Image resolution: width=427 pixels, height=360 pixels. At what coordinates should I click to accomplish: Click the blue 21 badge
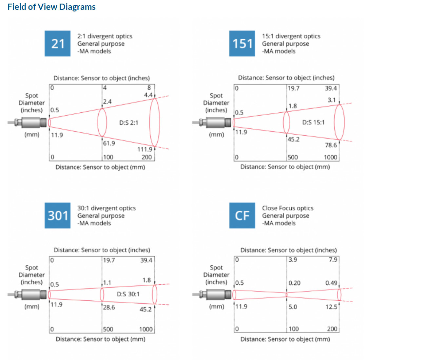[x=57, y=43]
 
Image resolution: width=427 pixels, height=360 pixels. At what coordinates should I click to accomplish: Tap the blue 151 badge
[x=242, y=43]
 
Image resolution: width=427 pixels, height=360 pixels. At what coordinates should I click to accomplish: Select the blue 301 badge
[x=57, y=215]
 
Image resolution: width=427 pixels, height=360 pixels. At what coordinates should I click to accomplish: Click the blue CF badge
[x=242, y=215]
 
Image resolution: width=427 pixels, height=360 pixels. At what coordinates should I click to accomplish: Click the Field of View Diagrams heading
[x=51, y=7]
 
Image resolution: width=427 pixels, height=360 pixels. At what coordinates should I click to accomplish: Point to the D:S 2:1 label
[x=129, y=123]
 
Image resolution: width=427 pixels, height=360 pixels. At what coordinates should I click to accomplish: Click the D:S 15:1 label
[x=313, y=122]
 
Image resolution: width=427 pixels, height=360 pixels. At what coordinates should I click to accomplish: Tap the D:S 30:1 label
[x=128, y=294]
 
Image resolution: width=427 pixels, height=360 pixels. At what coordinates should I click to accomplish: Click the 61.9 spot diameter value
[x=109, y=143]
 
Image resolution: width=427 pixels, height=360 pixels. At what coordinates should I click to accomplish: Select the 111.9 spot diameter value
[x=145, y=149]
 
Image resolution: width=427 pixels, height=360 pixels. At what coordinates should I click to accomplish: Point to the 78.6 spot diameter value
[x=331, y=145]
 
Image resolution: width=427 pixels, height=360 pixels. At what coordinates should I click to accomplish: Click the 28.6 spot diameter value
[x=109, y=307]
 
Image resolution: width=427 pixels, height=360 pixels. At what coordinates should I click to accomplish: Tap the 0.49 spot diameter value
[x=331, y=283]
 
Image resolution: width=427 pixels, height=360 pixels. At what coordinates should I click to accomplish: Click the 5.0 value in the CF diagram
[x=293, y=307]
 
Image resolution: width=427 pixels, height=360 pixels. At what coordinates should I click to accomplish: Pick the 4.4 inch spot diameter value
[x=148, y=95]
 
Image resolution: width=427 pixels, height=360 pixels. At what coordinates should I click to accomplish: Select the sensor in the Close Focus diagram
[x=212, y=294]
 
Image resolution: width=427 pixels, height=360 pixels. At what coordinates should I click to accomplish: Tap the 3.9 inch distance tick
[x=293, y=260]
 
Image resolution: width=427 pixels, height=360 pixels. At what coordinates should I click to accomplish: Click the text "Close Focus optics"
[x=287, y=208]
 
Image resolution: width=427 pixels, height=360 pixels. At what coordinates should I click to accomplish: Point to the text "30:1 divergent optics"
[x=107, y=208]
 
